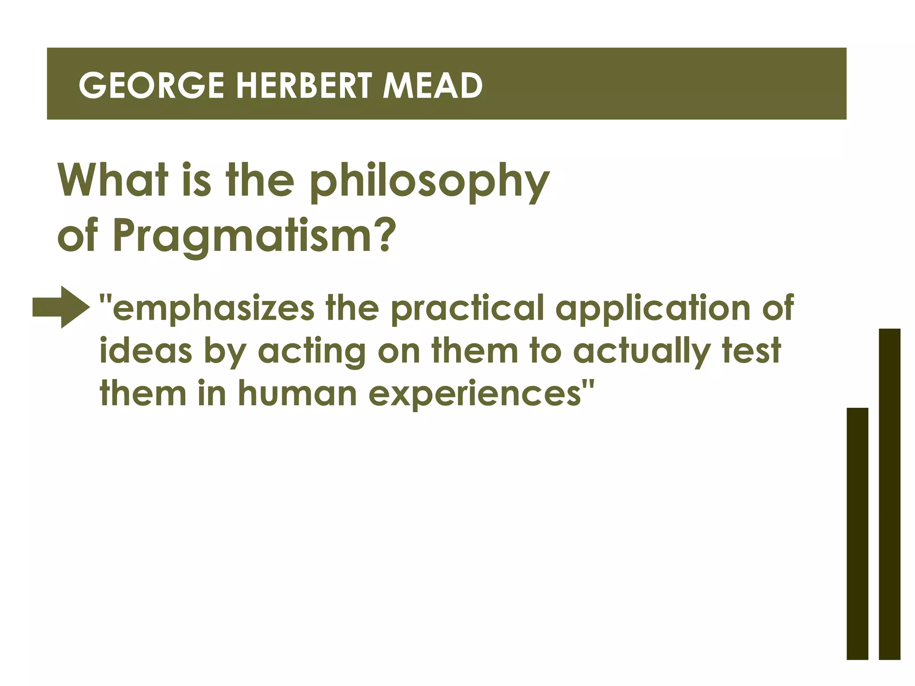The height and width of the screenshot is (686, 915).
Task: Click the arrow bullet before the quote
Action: (x=61, y=307)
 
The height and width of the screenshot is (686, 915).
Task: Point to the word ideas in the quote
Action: (x=146, y=351)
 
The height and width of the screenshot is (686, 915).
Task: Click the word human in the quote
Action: (x=297, y=393)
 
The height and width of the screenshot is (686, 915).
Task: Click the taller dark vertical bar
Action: (x=889, y=494)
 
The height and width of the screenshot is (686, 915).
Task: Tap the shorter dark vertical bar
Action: (x=857, y=533)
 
